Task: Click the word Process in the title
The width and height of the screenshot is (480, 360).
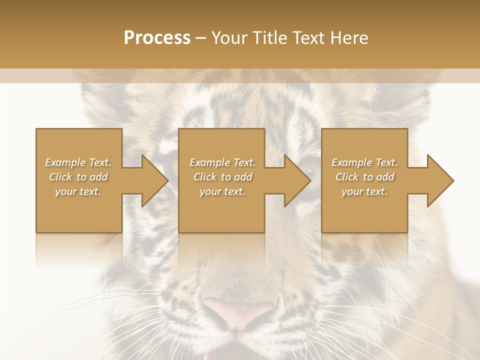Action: (157, 38)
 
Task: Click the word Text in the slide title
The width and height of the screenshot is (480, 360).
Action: (307, 38)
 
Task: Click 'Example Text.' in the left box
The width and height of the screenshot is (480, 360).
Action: (78, 162)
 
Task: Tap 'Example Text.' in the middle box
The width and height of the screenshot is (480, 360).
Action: (222, 162)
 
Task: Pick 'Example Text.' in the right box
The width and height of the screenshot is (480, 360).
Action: (364, 162)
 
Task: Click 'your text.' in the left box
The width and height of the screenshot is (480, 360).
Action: (78, 191)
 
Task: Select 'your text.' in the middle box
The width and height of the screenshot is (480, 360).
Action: (222, 191)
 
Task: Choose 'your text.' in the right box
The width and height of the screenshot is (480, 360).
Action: (364, 191)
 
